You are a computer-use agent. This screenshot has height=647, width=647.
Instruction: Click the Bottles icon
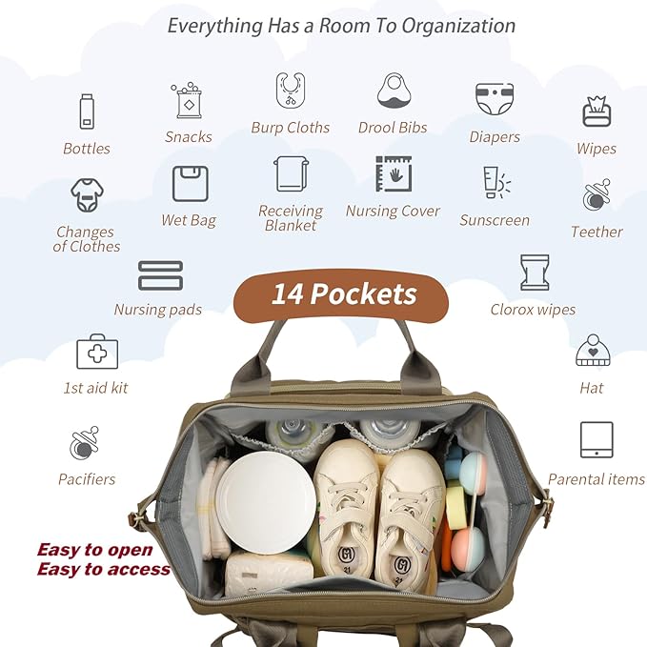point(87,111)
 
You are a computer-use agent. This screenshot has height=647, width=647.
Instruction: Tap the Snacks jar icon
point(188,100)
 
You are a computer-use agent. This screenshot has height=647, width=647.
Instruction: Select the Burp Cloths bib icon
point(291,91)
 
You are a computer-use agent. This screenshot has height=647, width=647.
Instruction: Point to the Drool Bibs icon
point(393,91)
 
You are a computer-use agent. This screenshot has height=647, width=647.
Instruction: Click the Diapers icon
point(495,99)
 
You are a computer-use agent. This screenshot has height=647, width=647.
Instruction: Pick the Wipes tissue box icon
point(596,111)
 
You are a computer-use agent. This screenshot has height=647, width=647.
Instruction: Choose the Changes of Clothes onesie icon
point(87,195)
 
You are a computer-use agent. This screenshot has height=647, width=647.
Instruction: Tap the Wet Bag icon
point(190,183)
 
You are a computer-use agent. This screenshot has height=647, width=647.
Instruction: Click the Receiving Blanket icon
point(291,174)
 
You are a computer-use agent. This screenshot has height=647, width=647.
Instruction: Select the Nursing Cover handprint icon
point(393,174)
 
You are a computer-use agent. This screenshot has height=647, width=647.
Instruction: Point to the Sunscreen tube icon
point(495,182)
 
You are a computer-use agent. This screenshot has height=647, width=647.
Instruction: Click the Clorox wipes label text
point(533,309)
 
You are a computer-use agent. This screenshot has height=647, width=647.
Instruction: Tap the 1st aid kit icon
point(96,352)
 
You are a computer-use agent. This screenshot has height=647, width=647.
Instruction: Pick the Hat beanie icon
point(592,351)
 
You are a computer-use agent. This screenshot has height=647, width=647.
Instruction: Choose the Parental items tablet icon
point(596,440)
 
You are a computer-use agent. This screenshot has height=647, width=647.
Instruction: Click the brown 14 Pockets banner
point(341,293)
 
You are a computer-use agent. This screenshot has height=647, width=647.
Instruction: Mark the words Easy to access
point(103,570)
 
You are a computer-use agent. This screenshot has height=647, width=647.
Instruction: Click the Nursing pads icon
point(159,275)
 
